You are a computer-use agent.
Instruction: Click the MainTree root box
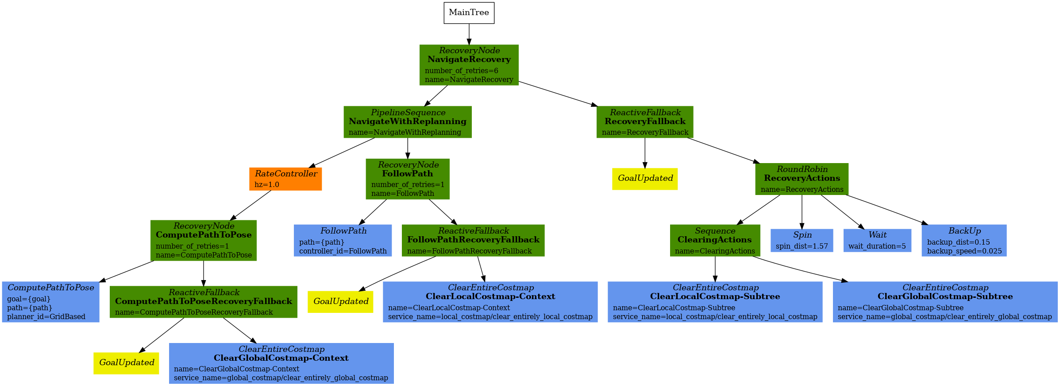point(469,13)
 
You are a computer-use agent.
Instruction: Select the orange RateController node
point(285,179)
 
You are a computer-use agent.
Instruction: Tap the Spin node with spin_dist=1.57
point(802,240)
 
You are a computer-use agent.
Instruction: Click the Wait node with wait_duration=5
point(877,240)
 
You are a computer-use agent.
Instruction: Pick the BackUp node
point(964,240)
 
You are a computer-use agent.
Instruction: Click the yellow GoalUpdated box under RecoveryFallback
point(644,179)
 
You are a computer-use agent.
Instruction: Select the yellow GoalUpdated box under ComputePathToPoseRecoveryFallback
point(126,363)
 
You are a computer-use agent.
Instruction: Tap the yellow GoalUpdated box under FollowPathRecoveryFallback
point(340,301)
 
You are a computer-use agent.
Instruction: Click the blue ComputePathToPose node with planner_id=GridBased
point(50,302)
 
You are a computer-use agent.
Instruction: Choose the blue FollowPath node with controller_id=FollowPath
point(343,240)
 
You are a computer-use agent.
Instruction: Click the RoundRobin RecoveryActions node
point(802,179)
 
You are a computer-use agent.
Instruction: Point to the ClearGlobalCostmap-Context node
point(281,363)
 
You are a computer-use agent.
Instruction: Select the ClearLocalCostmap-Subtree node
point(715,302)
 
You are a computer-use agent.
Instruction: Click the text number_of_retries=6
point(461,70)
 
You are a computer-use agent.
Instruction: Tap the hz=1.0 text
point(267,184)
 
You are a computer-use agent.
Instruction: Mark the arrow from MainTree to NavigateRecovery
point(469,34)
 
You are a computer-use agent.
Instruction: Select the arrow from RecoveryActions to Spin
point(802,212)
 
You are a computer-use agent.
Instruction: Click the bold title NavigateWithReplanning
point(408,121)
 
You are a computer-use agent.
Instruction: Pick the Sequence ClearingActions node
point(715,240)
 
